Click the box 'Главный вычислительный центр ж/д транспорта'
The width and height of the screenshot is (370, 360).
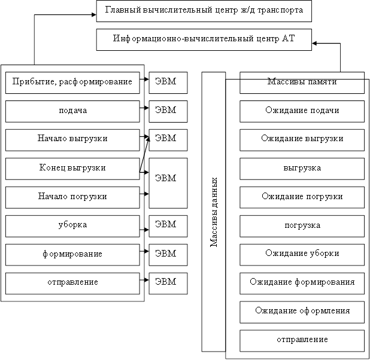pyautogui.click(x=204, y=11)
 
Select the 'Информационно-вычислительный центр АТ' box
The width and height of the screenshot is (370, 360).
pyautogui.click(x=204, y=39)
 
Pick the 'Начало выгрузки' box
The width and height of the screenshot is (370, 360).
pyautogui.click(x=72, y=139)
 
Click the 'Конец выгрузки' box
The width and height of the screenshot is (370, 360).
pyautogui.click(x=72, y=168)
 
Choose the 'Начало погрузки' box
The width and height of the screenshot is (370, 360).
pyautogui.click(x=72, y=196)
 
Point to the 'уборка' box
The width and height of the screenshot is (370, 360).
pyautogui.click(x=72, y=225)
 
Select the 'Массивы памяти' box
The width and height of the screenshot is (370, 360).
pyautogui.click(x=302, y=82)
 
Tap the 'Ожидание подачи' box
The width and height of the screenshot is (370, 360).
pyautogui.click(x=302, y=111)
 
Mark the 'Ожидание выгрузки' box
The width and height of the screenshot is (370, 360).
pyautogui.click(x=302, y=139)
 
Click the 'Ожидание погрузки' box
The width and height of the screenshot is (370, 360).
pyautogui.click(x=302, y=196)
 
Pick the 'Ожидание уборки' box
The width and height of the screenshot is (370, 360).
pyautogui.click(x=302, y=254)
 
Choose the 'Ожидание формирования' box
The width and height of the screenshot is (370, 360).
pyautogui.click(x=302, y=282)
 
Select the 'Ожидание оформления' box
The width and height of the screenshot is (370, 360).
pyautogui.click(x=302, y=311)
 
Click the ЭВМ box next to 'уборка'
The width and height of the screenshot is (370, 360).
pyautogui.click(x=168, y=225)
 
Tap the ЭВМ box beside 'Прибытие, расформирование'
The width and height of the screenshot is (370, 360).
pyautogui.click(x=168, y=82)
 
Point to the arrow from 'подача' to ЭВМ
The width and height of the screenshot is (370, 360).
pyautogui.click(x=144, y=109)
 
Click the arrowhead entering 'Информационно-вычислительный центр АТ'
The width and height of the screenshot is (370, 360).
pyautogui.click(x=315, y=43)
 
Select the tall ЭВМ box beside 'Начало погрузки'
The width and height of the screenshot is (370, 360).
pyautogui.click(x=168, y=182)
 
